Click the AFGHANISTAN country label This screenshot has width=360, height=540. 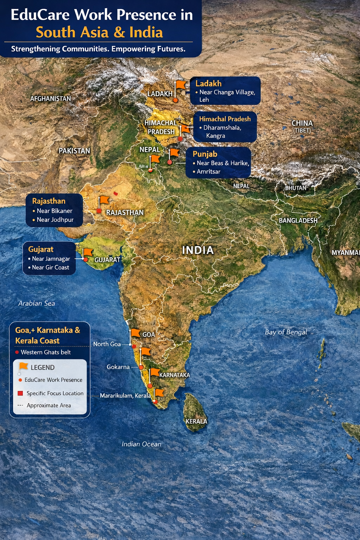click(51, 99)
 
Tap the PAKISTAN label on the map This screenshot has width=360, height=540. click(74, 151)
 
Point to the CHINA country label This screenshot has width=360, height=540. click(302, 123)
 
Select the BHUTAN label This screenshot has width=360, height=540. click(296, 188)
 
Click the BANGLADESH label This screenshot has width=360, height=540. click(298, 220)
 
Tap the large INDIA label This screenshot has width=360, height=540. click(198, 250)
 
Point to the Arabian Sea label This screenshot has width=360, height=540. click(37, 303)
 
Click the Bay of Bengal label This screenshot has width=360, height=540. click(286, 332)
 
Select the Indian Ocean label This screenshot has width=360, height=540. click(141, 444)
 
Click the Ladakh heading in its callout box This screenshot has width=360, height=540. click(208, 84)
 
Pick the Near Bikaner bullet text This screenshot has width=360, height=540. click(54, 211)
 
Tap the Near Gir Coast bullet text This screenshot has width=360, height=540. click(51, 268)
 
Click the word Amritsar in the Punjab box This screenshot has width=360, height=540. click(208, 172)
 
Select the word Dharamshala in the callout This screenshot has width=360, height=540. click(222, 128)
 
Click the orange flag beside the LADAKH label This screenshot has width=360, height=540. click(181, 85)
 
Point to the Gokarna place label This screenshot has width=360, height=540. click(118, 367)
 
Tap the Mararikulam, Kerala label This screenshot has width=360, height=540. click(125, 396)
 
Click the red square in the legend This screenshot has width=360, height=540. click(20, 393)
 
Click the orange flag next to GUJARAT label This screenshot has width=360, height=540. click(88, 252)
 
